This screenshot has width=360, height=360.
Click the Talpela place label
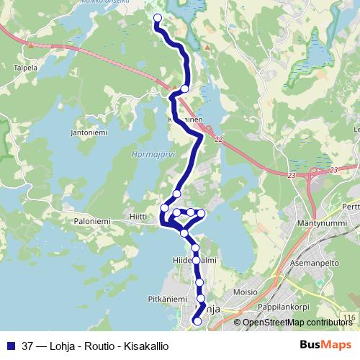[25, 69]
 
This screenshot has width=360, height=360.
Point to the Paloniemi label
[93, 222]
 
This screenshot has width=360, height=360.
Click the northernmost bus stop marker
[158, 19]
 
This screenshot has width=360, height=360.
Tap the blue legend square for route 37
[10, 345]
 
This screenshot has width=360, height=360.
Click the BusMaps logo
[325, 345]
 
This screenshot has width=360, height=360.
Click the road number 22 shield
[218, 139]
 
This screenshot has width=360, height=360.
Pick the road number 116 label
[350, 318]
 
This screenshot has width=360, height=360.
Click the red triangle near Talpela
[32, 45]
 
